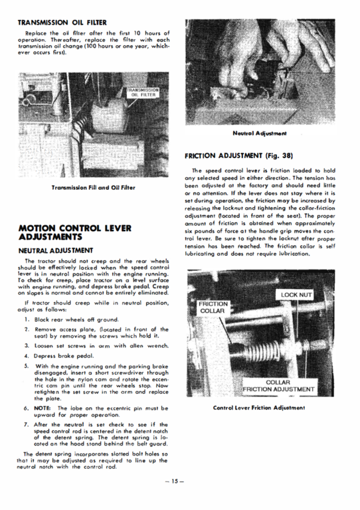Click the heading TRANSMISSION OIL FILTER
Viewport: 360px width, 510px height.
62,23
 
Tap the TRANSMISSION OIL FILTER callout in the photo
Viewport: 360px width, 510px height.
143,92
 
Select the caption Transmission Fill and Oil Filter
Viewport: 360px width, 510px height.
94,188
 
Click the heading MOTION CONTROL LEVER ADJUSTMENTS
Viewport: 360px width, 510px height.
75,232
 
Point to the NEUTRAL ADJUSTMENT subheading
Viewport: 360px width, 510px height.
56,251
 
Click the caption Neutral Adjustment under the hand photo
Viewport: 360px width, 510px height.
260,133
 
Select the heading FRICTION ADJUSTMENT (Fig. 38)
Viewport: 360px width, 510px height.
239,156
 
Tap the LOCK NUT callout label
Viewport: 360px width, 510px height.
296,295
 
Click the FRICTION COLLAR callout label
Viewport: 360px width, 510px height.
213,307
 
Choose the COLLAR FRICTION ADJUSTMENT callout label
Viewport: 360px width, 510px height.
278,386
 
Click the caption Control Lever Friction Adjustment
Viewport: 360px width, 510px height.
259,408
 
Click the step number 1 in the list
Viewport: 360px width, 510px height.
26,319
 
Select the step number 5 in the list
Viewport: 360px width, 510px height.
26,366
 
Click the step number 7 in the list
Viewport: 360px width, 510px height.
26,425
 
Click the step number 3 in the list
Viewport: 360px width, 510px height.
26,346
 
